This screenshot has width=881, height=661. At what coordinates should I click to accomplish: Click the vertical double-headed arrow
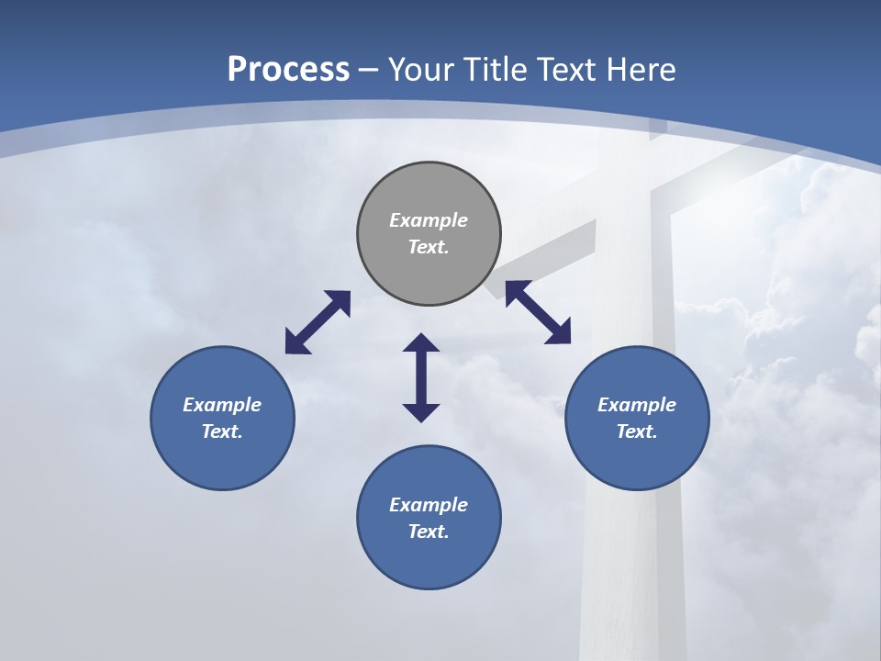coord(421,378)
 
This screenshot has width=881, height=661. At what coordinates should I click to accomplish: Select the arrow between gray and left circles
coord(318,322)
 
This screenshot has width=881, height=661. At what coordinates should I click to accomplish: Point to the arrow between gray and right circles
coord(538,312)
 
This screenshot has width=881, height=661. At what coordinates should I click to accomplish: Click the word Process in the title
coord(288,69)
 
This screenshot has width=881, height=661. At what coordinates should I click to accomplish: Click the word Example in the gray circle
coord(429,220)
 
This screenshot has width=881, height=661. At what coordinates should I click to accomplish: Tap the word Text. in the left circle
coord(222,431)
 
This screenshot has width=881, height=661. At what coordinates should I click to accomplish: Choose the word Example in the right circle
coord(637,405)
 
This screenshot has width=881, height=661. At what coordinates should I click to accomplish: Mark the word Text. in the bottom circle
coord(429,532)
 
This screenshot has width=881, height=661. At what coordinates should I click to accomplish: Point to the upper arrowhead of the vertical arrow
coord(421,343)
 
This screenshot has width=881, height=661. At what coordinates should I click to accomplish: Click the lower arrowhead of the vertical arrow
coord(421,412)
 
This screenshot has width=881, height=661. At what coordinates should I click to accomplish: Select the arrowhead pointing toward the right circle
coord(560,333)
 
